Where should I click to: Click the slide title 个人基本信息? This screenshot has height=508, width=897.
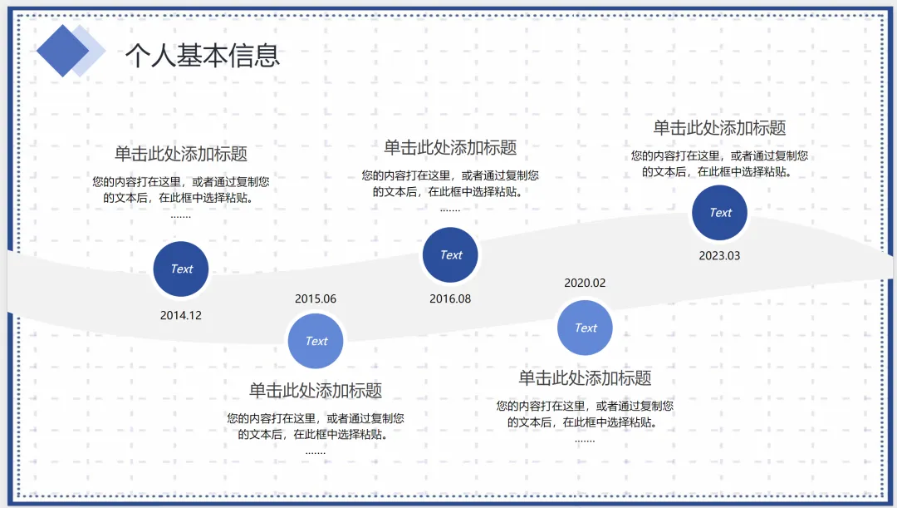(x=203, y=55)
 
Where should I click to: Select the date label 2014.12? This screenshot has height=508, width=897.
(x=181, y=316)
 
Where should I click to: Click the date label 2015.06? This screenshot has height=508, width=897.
(x=316, y=299)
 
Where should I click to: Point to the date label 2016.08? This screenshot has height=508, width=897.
(x=450, y=299)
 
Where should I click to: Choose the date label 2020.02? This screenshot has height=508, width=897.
(x=585, y=283)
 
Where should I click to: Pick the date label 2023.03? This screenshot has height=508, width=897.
(x=719, y=256)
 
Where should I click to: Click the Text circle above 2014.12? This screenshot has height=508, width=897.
(x=181, y=269)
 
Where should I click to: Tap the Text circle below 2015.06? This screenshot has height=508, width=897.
(x=316, y=341)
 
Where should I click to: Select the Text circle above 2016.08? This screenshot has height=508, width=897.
(x=450, y=255)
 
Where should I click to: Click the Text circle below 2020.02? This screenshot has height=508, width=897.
(x=585, y=328)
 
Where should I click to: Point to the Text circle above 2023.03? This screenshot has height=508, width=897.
(x=720, y=213)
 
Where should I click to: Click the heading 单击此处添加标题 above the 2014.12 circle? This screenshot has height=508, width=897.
(x=181, y=155)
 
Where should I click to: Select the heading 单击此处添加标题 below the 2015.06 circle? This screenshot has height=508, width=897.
(x=316, y=391)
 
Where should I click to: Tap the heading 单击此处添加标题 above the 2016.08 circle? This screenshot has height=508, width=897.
(x=450, y=148)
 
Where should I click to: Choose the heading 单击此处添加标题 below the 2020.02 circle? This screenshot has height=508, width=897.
(x=585, y=378)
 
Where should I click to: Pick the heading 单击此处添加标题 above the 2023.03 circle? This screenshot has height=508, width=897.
(x=719, y=128)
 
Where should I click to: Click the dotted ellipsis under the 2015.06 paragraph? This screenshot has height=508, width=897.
(x=316, y=452)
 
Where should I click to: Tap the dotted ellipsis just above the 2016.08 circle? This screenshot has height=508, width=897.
(x=450, y=210)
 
